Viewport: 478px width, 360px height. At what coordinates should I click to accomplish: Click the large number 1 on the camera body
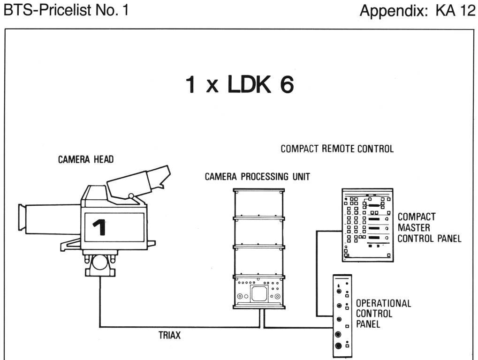tap(99, 227)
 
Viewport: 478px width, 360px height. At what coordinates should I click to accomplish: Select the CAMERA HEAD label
tap(86, 160)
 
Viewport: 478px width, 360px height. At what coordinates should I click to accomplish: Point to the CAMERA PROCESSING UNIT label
tap(258, 177)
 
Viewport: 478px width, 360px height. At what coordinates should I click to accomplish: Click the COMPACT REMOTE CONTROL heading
tap(337, 149)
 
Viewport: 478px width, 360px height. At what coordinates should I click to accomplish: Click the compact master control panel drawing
tap(367, 224)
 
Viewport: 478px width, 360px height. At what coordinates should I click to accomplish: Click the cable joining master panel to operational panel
tap(317, 272)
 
